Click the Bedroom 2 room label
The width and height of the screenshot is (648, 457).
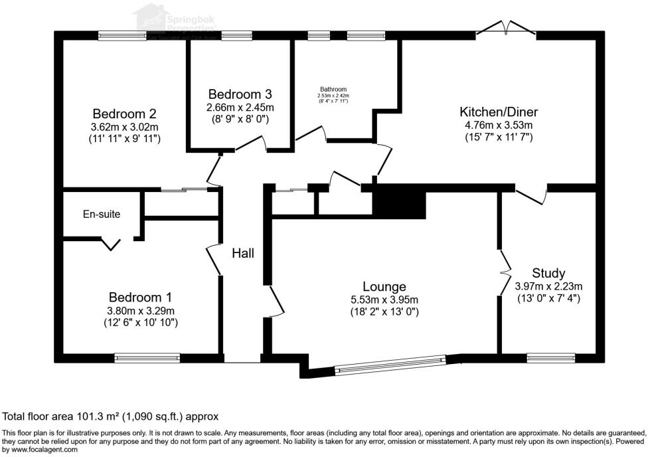coord(124,114)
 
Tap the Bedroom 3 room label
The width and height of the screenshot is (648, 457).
coord(240,94)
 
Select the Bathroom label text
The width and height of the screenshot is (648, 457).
coord(333,89)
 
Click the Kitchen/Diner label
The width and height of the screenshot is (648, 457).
coord(499,112)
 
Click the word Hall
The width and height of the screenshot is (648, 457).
coord(243,253)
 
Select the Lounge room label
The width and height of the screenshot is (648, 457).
coord(384,286)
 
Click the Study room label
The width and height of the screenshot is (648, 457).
coord(548,273)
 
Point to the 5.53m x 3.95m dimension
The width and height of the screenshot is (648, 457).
coord(384,299)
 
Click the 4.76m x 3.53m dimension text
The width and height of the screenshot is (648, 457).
coord(499,125)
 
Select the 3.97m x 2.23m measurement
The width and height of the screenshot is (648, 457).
coord(548,286)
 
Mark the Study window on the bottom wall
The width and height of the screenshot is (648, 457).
coord(550,358)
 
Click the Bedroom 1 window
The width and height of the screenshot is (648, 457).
coord(147,358)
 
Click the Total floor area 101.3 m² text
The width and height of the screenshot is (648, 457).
coord(110,416)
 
